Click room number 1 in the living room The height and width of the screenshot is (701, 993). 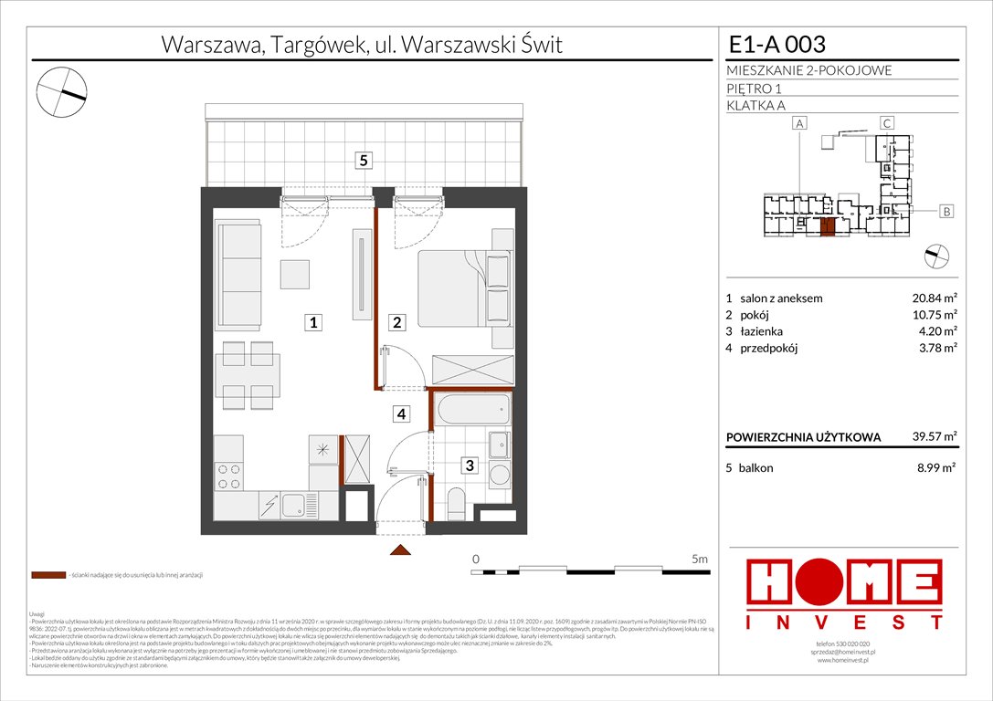312,322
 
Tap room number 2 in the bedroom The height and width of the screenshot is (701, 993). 397,322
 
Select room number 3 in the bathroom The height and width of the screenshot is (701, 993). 469,466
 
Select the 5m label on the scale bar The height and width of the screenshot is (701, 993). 700,558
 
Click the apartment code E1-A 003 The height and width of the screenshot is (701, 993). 776,44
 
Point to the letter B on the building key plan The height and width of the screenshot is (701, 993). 947,212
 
